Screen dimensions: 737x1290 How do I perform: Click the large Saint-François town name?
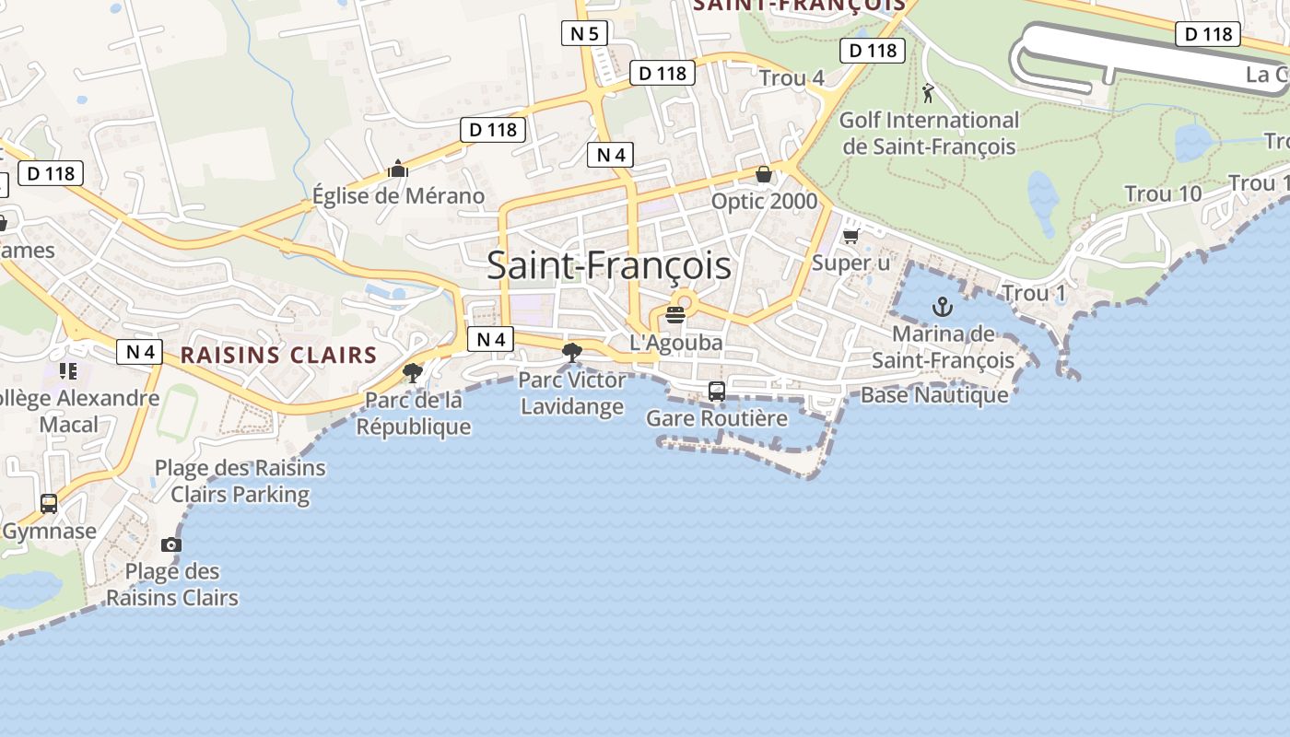pyautogui.click(x=609, y=266)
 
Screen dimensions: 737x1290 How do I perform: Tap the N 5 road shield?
pyautogui.click(x=584, y=34)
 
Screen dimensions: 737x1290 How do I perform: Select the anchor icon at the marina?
pyautogui.click(x=942, y=307)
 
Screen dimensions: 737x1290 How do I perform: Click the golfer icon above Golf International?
pyautogui.click(x=928, y=93)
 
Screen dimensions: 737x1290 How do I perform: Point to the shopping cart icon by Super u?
pyautogui.click(x=851, y=236)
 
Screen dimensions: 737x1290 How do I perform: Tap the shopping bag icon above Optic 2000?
pyautogui.click(x=764, y=174)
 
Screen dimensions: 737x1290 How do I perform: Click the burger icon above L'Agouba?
pyautogui.click(x=675, y=314)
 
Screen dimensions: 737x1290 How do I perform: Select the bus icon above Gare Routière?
pyautogui.click(x=717, y=392)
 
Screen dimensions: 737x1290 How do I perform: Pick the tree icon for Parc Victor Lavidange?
pyautogui.click(x=572, y=352)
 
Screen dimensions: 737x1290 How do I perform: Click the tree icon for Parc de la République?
pyautogui.click(x=413, y=373)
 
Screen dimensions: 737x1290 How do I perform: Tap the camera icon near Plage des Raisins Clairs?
pyautogui.click(x=171, y=544)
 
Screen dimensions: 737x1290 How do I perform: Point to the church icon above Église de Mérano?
pyautogui.click(x=398, y=169)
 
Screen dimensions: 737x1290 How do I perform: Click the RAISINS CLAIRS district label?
pyautogui.click(x=279, y=356)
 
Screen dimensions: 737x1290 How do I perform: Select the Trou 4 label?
pyautogui.click(x=792, y=78)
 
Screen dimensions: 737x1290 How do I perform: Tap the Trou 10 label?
pyautogui.click(x=1163, y=194)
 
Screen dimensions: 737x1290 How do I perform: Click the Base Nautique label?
pyautogui.click(x=934, y=395)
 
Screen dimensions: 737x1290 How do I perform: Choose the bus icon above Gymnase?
pyautogui.click(x=49, y=504)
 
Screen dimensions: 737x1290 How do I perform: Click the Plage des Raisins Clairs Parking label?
pyautogui.click(x=240, y=481)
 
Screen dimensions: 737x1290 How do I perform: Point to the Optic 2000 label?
pyautogui.click(x=764, y=201)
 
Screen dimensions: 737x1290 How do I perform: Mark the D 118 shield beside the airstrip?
pyautogui.click(x=1207, y=34)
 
